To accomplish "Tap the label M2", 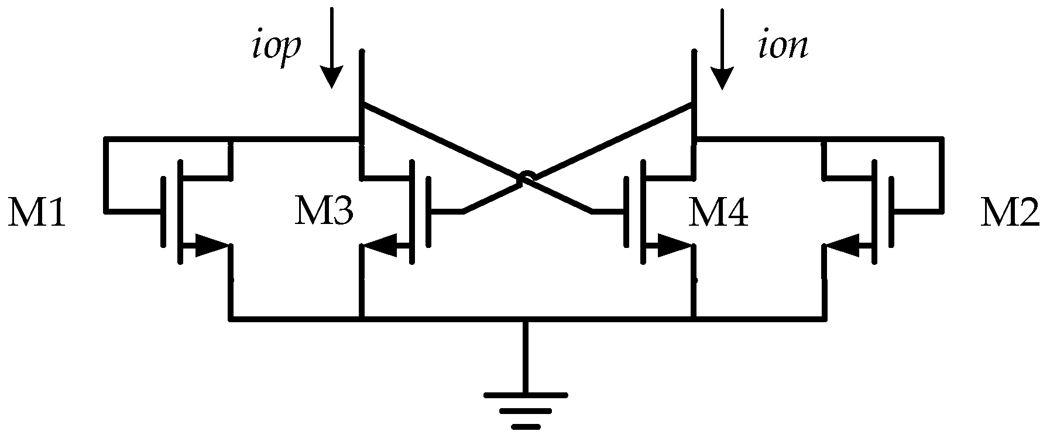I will pyautogui.click(x=1010, y=214).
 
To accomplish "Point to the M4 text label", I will pyautogui.click(x=718, y=213).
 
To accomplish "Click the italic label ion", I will pyautogui.click(x=783, y=47).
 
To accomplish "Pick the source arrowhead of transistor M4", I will pyautogui.click(x=673, y=246).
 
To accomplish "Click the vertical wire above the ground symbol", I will pyautogui.click(x=525, y=357).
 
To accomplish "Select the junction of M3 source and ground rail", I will pyautogui.click(x=362, y=319).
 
